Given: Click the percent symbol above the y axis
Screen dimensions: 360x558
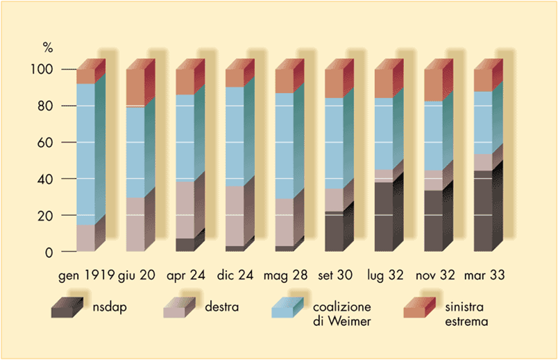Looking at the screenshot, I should (x=48, y=48).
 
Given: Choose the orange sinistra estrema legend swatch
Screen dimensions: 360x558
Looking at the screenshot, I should (x=417, y=309).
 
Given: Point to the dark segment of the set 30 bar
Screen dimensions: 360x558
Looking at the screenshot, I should (x=334, y=232).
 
